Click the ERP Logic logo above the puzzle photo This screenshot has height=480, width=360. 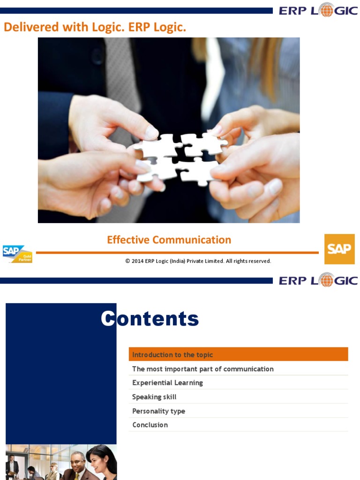tap(318, 10)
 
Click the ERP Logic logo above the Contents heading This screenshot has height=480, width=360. tap(318, 280)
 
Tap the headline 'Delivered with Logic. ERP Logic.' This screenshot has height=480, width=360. tap(95, 27)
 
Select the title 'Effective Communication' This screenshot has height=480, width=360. tap(169, 240)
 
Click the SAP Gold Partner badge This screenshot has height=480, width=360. tap(17, 254)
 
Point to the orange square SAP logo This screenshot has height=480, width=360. tap(339, 249)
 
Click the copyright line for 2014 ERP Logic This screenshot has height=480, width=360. tap(198, 261)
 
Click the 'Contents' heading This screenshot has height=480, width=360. tap(150, 319)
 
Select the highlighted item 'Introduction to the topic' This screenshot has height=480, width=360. tap(172, 354)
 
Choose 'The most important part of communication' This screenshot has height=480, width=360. tap(202, 369)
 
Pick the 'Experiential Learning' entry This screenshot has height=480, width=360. tap(167, 382)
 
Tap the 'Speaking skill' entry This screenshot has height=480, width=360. tap(154, 397)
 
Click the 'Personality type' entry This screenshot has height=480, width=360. tap(158, 411)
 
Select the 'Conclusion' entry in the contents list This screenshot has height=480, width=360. tap(150, 425)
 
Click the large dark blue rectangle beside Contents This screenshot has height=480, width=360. tap(61, 373)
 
